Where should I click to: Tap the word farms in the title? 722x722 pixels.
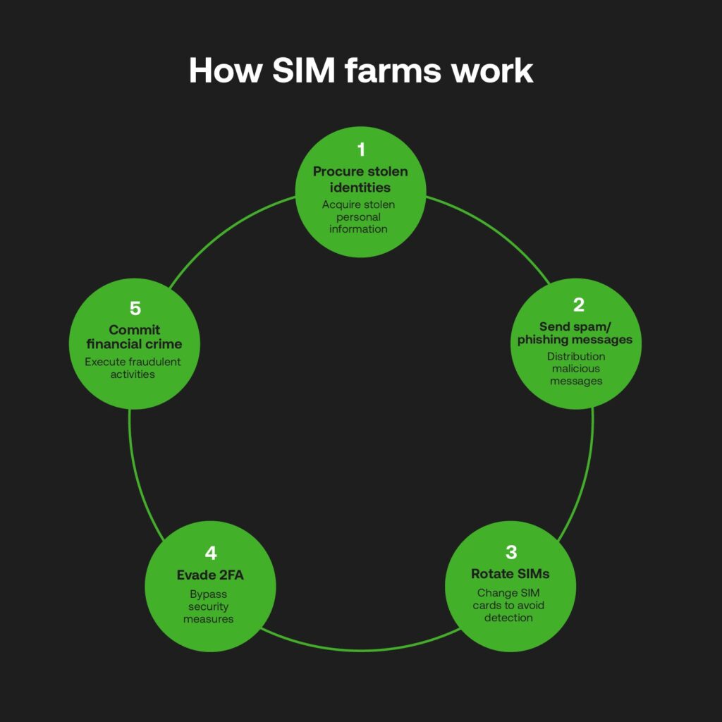tap(388, 71)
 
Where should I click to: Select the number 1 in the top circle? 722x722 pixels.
tap(361, 149)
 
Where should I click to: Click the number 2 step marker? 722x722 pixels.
tap(578, 305)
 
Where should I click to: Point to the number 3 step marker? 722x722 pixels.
tap(511, 552)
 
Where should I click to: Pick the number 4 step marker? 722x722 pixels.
tap(210, 553)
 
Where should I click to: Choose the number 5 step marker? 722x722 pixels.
tap(135, 308)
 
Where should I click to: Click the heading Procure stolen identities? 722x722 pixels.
tap(360, 179)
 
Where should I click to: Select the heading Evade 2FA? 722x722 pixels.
tap(210, 575)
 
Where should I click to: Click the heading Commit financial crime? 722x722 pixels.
tap(134, 337)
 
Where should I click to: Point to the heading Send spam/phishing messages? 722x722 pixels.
tap(575, 333)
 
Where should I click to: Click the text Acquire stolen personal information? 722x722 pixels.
tap(358, 216)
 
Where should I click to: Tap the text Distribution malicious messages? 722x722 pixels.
tap(576, 368)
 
